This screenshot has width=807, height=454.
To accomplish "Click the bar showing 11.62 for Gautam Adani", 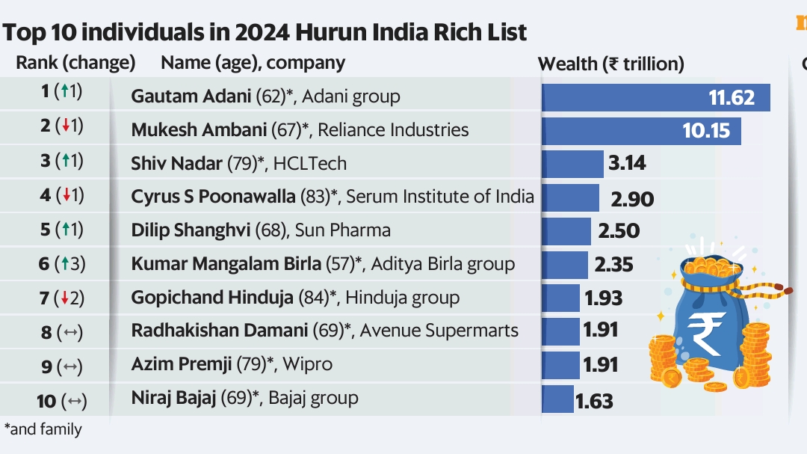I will [655, 97].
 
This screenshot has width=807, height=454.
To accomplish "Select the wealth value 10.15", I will [705, 130].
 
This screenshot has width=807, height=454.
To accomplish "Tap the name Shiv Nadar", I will [176, 164].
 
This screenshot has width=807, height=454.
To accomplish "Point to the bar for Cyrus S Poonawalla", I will [570, 197].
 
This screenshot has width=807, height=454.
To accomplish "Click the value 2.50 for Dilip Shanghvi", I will [619, 230].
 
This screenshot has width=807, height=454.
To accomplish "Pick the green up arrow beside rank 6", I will [65, 264].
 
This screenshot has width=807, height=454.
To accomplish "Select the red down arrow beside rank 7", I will [65, 298].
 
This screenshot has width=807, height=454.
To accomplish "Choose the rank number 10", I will [46, 402].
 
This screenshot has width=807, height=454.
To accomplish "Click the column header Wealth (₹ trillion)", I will [610, 64].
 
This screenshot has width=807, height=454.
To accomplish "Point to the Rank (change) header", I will [75, 63].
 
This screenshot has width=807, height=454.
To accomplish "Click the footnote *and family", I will [43, 430].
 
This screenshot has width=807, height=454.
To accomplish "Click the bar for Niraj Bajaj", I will [557, 399].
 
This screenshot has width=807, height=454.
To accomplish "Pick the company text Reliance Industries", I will [393, 130].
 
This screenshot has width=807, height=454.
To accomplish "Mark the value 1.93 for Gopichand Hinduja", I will [603, 298].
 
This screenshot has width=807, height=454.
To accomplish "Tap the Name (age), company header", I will [253, 63].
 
